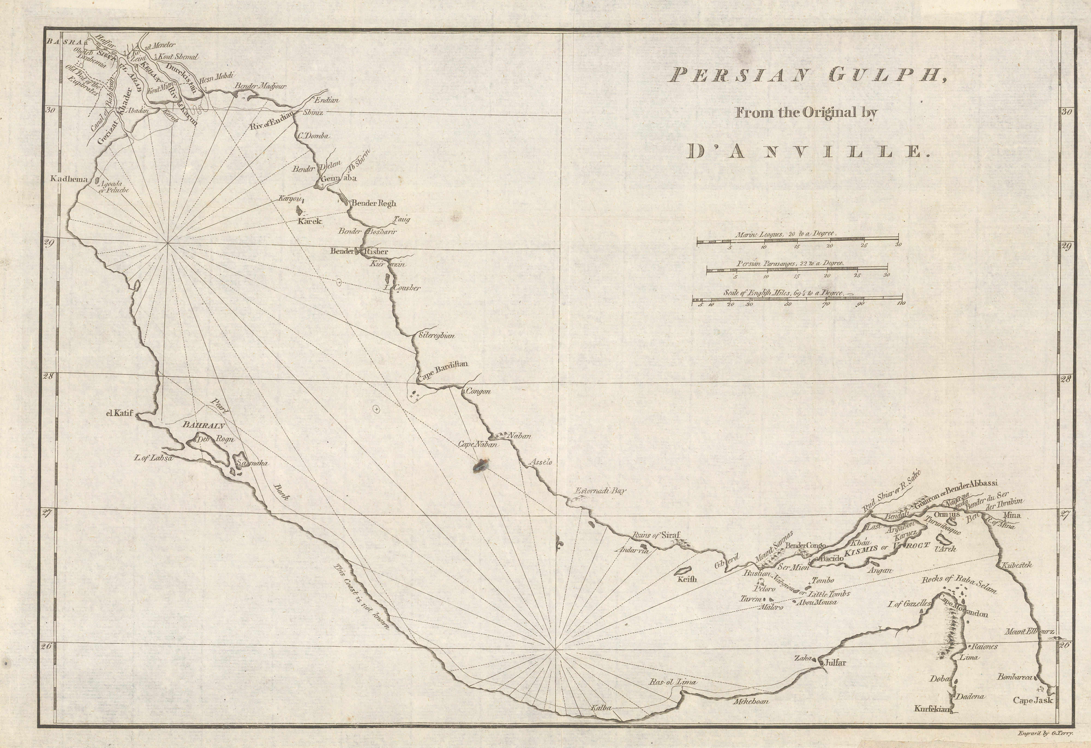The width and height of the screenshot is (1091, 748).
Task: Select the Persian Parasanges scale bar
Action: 798,270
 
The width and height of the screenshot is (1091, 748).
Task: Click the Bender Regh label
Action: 374,203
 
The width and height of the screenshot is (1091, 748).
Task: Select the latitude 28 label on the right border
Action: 1065,379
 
